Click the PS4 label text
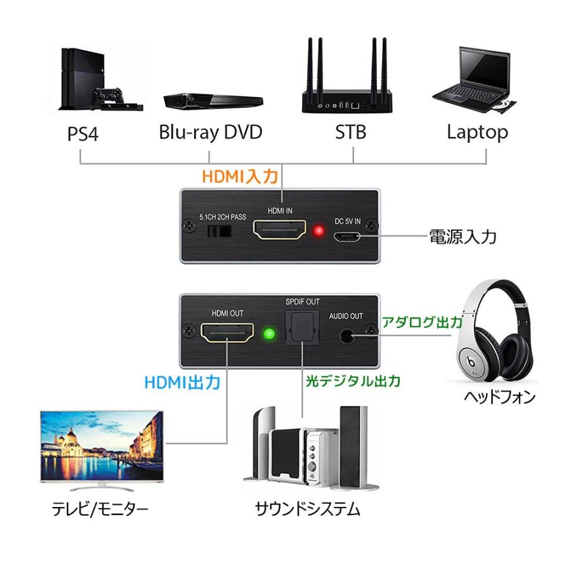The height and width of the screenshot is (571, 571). tap(83, 134)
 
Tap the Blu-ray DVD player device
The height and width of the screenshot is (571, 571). tap(213, 101)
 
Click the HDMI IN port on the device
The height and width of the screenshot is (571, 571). tap(279, 230)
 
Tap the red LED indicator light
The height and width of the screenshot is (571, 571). tap(318, 230)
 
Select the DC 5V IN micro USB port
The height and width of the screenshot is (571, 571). tap(348, 237)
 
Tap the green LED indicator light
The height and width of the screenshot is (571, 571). tap(268, 334)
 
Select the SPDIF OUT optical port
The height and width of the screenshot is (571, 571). tap(303, 329)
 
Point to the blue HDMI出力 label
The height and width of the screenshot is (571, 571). tap(182, 383)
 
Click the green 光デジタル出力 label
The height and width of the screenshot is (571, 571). tap(353, 381)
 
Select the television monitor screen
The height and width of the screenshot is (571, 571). tap(102, 447)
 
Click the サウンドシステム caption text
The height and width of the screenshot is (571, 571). tap(307, 509)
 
